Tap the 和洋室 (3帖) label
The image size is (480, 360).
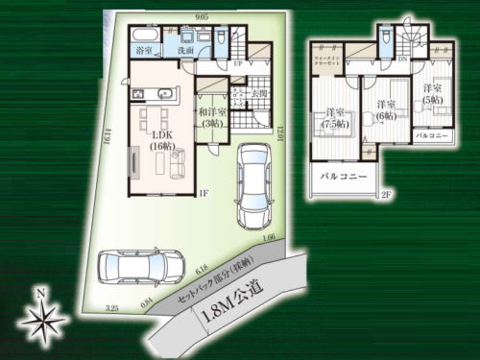click(212, 117)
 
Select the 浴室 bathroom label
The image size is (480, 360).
click(145, 48)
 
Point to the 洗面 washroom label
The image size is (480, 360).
click(187, 49)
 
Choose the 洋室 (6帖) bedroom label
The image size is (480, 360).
click(387, 108)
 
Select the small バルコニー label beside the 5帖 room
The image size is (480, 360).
click(433, 135)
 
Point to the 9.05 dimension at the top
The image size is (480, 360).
click(201, 17)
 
